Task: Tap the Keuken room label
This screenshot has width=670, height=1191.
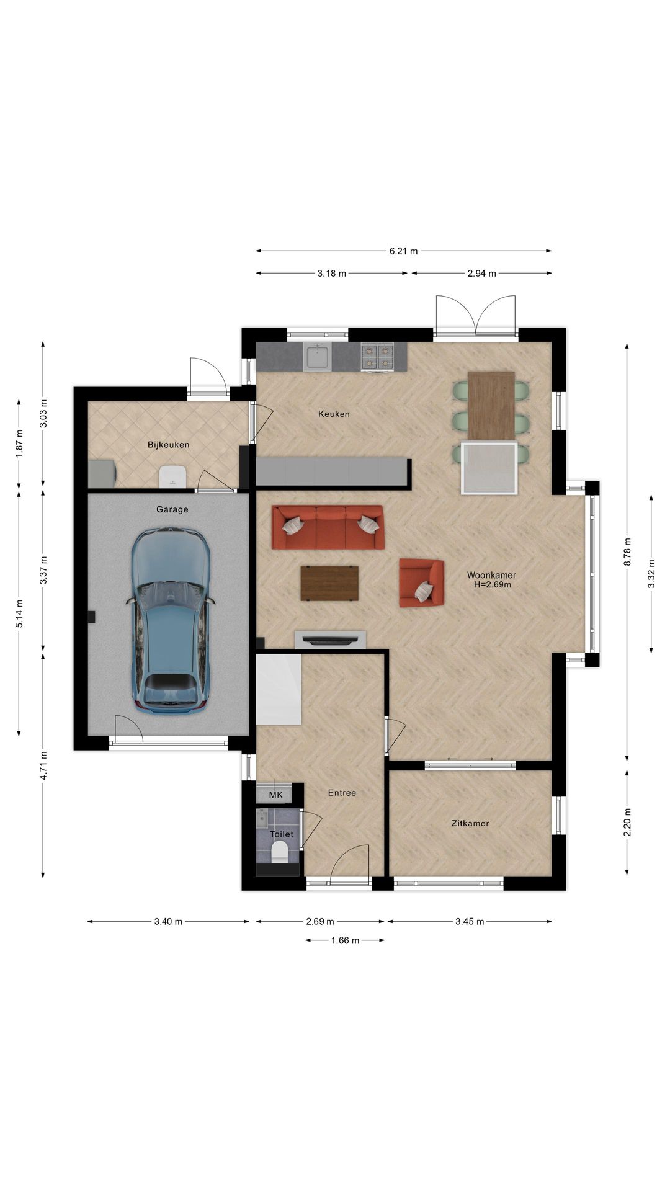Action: tap(334, 414)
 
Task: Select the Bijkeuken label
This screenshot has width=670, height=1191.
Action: tap(168, 445)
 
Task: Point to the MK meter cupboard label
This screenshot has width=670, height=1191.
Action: tap(275, 795)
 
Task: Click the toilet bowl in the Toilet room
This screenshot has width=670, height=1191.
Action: tap(280, 852)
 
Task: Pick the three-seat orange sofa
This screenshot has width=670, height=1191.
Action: tap(328, 527)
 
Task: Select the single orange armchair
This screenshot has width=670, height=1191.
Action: tap(421, 582)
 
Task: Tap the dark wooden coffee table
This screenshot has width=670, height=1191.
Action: tap(329, 583)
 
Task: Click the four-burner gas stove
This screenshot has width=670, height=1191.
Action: tap(377, 357)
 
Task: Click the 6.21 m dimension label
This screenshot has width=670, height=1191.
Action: tap(403, 251)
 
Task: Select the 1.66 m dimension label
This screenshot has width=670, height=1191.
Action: tap(345, 940)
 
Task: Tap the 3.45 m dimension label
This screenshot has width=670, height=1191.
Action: tap(470, 922)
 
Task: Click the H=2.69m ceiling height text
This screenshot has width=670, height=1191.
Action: tap(492, 584)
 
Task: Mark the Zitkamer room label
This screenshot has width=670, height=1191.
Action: tap(470, 824)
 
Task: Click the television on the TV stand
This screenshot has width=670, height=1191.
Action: tap(329, 640)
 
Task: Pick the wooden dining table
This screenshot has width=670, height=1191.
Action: tap(491, 406)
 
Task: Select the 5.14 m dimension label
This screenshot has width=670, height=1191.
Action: tap(19, 613)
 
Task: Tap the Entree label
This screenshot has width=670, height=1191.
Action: tap(342, 793)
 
